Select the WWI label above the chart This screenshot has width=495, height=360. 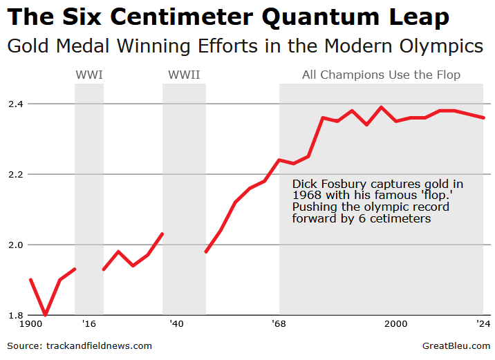88,75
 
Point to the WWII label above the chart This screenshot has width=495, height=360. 184,75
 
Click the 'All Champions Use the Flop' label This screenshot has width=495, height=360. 381,75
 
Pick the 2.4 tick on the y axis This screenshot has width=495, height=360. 15,104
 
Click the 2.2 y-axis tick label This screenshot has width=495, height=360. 15,174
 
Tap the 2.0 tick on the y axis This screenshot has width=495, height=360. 15,245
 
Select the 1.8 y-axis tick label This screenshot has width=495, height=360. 15,315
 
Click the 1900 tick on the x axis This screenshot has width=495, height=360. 30,323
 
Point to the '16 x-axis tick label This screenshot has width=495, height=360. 88,323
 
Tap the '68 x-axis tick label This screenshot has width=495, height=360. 279,323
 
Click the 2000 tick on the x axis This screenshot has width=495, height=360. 395,323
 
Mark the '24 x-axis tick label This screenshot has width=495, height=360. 483,323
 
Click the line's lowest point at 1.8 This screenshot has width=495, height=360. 45,314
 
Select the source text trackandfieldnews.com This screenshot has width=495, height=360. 99,345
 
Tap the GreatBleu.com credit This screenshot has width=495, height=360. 456,345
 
